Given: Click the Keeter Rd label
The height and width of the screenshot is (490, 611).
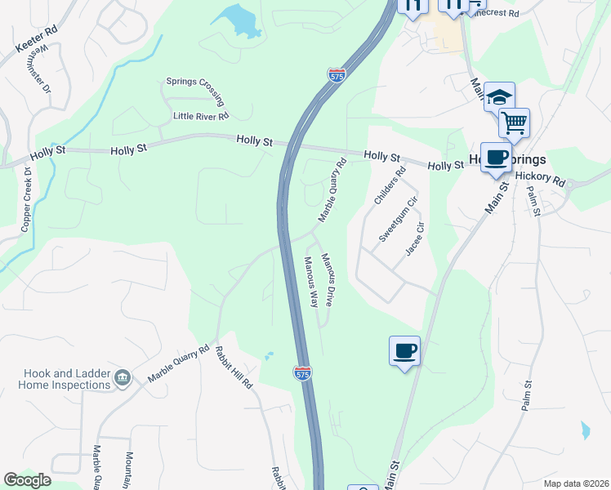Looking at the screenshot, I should (36, 40).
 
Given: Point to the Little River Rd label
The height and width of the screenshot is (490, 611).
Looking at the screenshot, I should (201, 117).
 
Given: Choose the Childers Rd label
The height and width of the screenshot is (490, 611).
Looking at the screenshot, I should (388, 186).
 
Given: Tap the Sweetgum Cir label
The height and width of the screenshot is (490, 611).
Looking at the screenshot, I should (399, 218).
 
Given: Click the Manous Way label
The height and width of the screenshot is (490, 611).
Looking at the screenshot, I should (310, 282).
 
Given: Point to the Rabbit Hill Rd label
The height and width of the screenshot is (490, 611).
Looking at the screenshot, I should (234, 367).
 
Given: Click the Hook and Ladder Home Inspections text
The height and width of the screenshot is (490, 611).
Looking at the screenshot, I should (56, 379).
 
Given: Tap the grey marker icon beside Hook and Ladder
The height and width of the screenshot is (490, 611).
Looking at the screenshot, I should (123, 377).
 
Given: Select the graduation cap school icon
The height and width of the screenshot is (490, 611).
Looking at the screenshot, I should (498, 97).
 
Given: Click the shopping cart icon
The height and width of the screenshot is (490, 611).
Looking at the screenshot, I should (514, 123).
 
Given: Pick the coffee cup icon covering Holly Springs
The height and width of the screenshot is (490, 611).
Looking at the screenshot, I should (495, 157).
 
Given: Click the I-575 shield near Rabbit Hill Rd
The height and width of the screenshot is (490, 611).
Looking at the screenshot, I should (302, 373).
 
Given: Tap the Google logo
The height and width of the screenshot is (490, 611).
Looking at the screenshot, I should (27, 480).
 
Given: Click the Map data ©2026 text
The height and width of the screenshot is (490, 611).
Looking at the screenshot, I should (575, 483).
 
